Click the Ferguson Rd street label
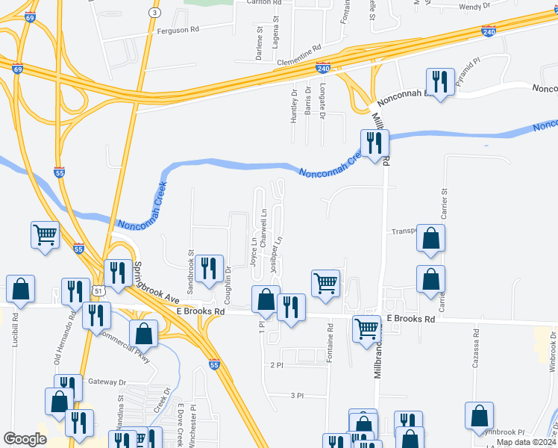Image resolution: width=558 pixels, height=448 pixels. coord(178,31)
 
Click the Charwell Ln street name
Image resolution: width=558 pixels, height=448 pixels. coord(264,223)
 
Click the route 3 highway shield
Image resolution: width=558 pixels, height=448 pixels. coord(154,13)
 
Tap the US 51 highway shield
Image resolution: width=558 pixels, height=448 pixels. coord(98,288)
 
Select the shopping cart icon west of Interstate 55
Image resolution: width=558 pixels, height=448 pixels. coord(46,234)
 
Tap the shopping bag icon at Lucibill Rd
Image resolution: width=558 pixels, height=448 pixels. coord(21,288)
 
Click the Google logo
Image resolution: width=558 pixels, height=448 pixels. coord(25,439)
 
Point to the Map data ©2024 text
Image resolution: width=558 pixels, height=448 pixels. coord(526,442)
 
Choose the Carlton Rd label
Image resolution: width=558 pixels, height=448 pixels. coord(251,3)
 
